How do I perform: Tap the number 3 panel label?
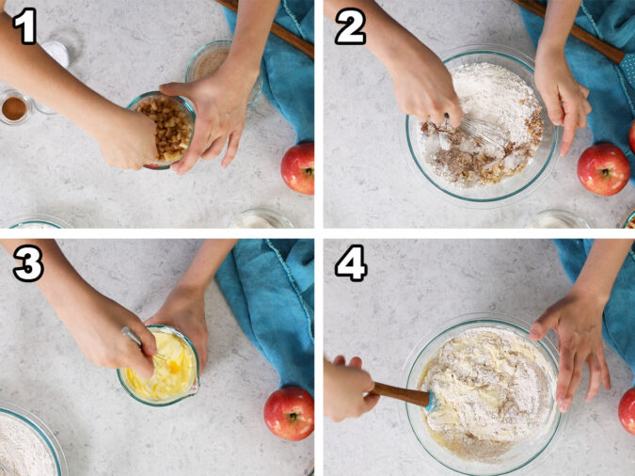coord(26,264)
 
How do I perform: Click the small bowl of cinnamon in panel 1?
coord(14,108)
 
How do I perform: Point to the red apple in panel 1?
coord(299,167)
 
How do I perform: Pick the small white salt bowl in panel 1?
coord(56,52)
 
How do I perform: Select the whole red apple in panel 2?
coord(603,168)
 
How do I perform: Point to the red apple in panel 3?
coord(289,412)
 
